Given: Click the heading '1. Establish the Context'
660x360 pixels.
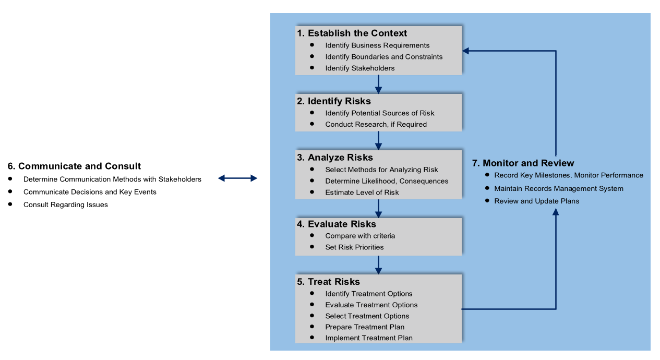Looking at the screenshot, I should [352, 33].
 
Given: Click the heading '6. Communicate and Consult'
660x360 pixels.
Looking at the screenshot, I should [74, 166].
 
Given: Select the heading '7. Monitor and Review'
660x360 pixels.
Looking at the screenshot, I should [523, 163].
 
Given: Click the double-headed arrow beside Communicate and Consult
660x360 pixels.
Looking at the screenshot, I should [237, 178].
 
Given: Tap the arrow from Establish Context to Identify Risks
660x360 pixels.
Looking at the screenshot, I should [378, 84].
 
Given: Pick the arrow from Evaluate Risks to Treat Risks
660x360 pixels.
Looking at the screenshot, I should [378, 265].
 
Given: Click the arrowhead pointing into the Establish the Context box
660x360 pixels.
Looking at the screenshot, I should [466, 51].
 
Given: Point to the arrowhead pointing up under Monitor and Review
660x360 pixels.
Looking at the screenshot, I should [556, 212].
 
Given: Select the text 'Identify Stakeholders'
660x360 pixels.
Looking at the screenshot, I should [359, 68].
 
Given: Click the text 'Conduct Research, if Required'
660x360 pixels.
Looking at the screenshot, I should [376, 125].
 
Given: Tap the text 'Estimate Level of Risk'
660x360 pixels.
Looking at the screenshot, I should [362, 193].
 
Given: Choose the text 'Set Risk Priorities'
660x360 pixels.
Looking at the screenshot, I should [354, 247].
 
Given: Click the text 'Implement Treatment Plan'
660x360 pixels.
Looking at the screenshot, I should [368, 338].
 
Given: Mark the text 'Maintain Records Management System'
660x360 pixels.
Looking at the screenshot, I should [558, 188].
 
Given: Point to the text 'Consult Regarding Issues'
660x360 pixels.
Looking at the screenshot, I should [65, 205].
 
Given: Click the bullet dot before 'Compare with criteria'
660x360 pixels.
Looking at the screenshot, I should [312, 235].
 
